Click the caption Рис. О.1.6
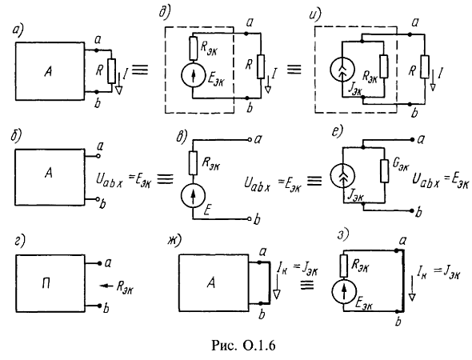[243, 346]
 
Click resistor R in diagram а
[111, 71]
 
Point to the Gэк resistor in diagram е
[385, 171]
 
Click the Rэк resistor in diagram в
[193, 163]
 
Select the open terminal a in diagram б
[98, 157]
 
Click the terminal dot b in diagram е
[412, 210]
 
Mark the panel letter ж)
[175, 239]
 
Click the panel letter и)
[315, 14]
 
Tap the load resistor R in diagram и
[425, 67]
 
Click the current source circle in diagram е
[342, 176]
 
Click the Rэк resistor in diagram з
[343, 266]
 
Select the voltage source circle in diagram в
[193, 195]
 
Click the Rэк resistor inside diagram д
[193, 48]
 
